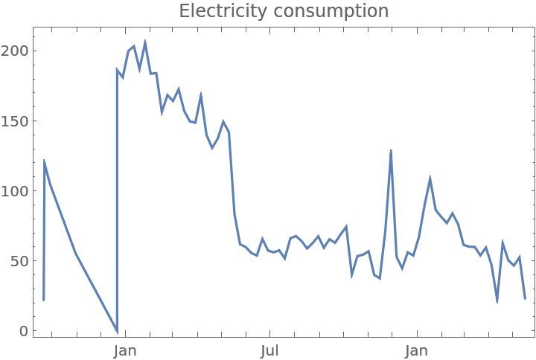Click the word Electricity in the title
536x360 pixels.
[x=222, y=11]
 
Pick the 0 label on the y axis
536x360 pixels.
[x=24, y=331]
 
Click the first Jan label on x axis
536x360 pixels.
[x=124, y=350]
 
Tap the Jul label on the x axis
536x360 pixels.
[x=270, y=350]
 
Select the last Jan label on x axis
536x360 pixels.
[x=417, y=350]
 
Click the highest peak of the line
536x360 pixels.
[x=145, y=41]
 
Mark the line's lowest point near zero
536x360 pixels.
[x=117, y=332]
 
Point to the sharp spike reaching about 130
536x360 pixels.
[x=390, y=150]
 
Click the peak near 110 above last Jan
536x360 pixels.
[x=430, y=177]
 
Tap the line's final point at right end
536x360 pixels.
[x=525, y=299]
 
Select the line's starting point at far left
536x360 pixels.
[x=44, y=300]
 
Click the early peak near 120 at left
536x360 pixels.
[x=45, y=161]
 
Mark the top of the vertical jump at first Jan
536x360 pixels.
[x=117, y=68]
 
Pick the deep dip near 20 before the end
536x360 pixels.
[x=497, y=302]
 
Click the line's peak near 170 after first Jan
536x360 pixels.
[x=201, y=93]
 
